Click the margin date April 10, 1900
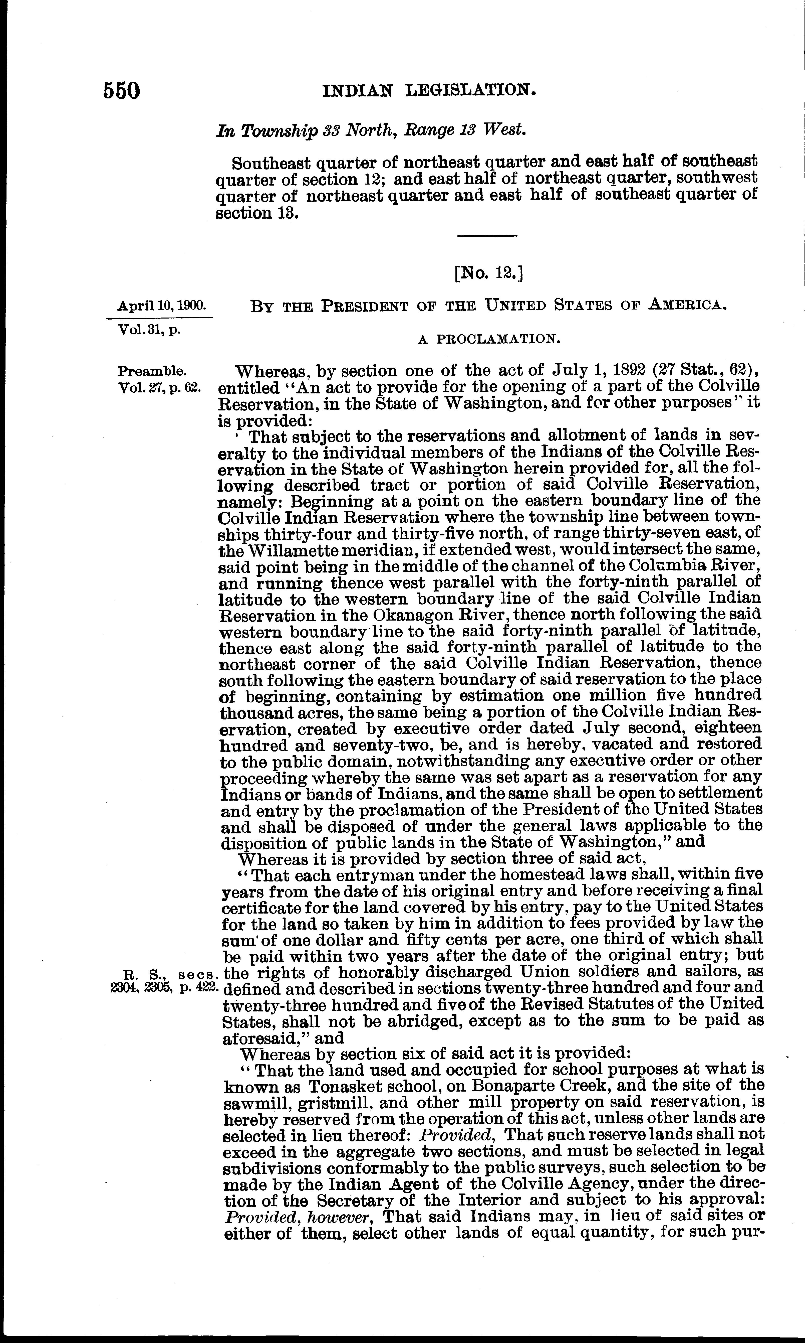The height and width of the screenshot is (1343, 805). click(162, 306)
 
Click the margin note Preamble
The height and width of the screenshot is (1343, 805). click(152, 372)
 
